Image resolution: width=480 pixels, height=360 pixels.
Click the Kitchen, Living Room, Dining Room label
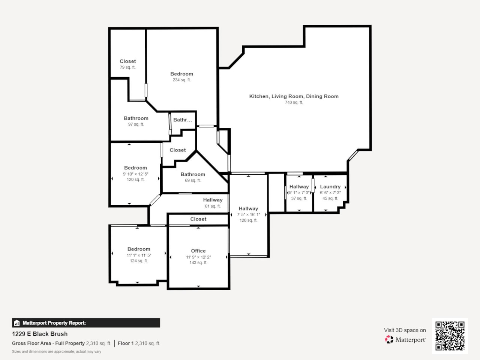294,96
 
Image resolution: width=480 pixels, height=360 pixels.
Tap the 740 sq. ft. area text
294,102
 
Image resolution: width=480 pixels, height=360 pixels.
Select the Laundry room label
330,187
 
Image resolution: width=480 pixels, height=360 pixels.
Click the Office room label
198,251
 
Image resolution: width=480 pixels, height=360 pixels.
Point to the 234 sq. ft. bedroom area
181,80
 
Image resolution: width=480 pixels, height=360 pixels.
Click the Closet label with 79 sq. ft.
127,61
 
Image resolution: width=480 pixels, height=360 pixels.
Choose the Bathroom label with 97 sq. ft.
136,118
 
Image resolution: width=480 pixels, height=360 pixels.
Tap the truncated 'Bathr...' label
182,120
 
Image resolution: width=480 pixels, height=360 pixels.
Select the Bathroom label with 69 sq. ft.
193,174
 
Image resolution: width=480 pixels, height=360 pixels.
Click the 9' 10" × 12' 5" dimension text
135,174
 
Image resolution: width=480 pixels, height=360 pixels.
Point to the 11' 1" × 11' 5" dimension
139,255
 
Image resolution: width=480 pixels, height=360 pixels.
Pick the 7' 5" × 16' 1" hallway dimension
248,214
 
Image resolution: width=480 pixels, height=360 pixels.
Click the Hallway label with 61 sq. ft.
213,200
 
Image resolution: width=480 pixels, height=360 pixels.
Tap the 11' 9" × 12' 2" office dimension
198,257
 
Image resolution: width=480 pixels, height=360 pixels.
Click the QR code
450,336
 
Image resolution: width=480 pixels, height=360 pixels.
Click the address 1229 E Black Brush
40,334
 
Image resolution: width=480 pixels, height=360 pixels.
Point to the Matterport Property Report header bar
86,323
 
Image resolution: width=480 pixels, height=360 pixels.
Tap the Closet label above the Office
198,219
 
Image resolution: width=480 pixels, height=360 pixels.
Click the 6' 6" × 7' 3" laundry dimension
330,193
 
